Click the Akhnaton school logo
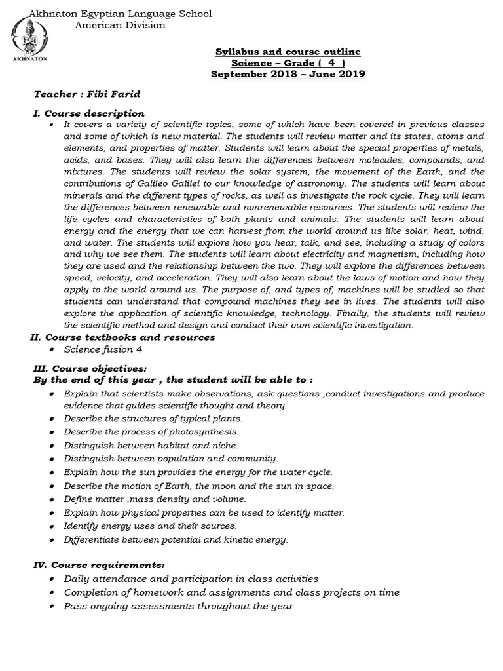pyautogui.click(x=24, y=39)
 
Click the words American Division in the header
pyautogui.click(x=120, y=25)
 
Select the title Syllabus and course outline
pyautogui.click(x=288, y=52)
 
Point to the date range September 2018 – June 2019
pyautogui.click(x=288, y=74)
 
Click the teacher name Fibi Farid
pyautogui.click(x=119, y=94)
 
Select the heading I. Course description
pyautogui.click(x=89, y=113)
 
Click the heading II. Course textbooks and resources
pyautogui.click(x=122, y=337)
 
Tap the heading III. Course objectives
pyautogui.click(x=90, y=368)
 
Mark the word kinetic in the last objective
pyautogui.click(x=237, y=539)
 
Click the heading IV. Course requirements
pyautogui.click(x=99, y=564)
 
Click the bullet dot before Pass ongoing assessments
pyautogui.click(x=52, y=607)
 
